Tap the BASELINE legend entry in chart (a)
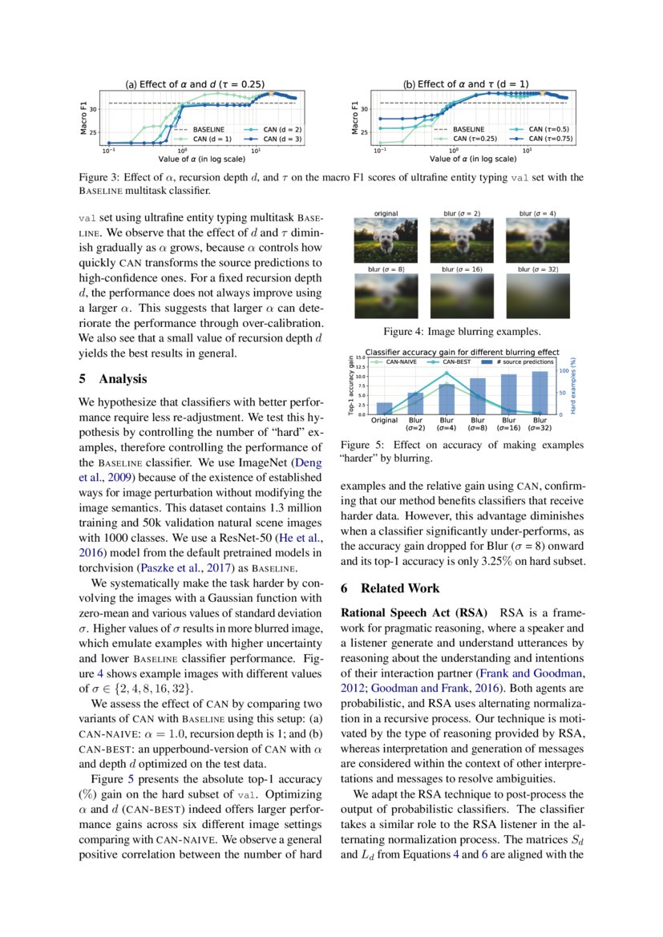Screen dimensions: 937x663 [203, 128]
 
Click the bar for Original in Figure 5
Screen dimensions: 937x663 [385, 408]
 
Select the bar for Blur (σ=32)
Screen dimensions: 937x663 [540, 393]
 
